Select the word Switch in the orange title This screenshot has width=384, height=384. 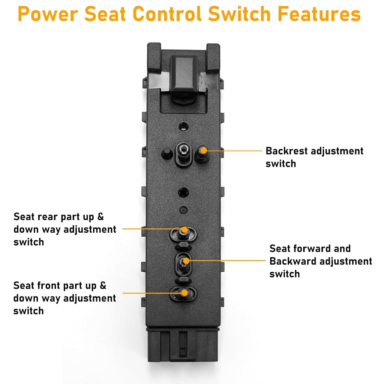pos(239,14)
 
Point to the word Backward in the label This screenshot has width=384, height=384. pos(293,261)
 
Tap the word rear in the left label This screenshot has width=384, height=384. pos(47,217)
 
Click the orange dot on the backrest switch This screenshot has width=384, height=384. pos(204,150)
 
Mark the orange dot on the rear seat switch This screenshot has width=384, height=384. pos(184,229)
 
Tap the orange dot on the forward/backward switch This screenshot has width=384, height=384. pos(186,261)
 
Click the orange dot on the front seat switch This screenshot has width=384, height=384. pos(184,293)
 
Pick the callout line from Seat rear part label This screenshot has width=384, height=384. pos(151,229)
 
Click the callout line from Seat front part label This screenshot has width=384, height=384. pos(151,293)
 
